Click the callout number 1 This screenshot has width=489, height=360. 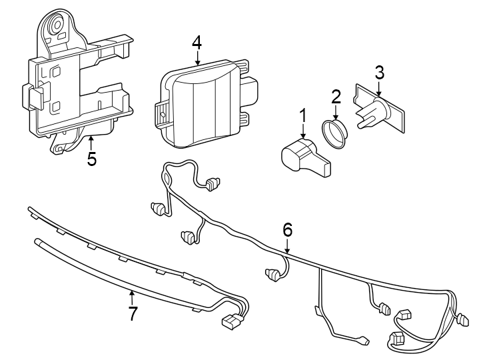[302, 115]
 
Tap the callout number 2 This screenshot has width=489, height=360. [336, 97]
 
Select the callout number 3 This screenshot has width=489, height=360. [379, 73]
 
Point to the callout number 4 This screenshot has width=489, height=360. [197, 42]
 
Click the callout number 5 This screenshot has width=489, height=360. [91, 159]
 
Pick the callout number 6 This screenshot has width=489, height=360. [287, 229]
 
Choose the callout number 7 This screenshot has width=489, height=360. [133, 313]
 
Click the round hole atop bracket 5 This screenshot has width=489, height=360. [55, 26]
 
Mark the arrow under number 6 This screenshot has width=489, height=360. [287, 247]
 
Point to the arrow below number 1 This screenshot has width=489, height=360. [302, 131]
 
